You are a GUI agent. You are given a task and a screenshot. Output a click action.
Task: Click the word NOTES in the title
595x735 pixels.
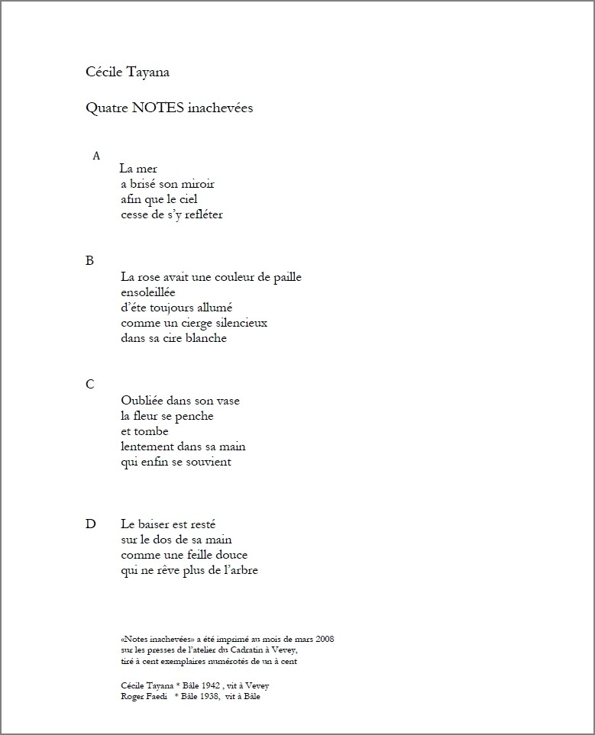(158, 108)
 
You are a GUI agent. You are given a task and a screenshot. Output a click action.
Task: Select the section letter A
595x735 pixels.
(96, 156)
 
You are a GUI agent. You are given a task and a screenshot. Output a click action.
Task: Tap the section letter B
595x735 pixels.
(90, 260)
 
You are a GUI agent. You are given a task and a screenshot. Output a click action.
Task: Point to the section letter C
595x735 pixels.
(90, 384)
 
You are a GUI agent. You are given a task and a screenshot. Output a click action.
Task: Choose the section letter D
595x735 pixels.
(91, 524)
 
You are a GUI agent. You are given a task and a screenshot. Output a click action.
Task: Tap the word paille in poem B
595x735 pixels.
(286, 277)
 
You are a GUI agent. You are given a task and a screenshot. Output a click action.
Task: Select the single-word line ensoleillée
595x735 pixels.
(148, 292)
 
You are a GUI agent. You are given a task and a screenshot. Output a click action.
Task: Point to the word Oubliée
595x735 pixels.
(142, 400)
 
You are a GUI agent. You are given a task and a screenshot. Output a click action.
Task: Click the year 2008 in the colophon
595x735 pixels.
(324, 638)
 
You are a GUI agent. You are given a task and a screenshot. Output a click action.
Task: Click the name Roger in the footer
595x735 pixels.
(132, 696)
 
